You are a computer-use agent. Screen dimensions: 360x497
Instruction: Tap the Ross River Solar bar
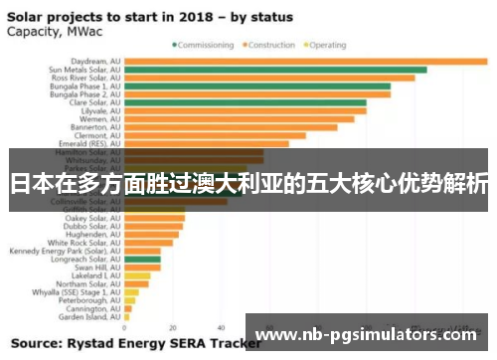click(x=269, y=78)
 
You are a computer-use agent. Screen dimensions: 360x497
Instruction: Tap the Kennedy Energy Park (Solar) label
click(x=64, y=251)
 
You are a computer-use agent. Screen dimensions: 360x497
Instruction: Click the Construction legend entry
click(x=271, y=45)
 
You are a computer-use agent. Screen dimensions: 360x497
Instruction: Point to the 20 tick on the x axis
click(x=173, y=328)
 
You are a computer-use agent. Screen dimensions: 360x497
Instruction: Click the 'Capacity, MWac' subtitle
click(x=50, y=30)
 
